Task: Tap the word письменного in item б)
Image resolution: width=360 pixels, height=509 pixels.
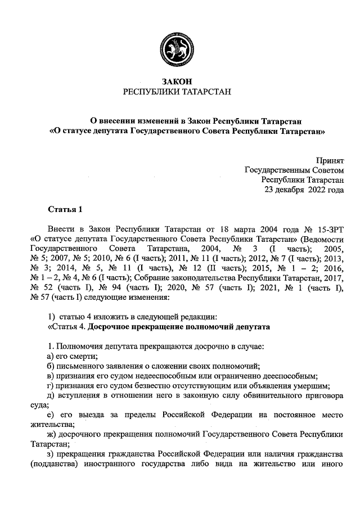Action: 82,366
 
